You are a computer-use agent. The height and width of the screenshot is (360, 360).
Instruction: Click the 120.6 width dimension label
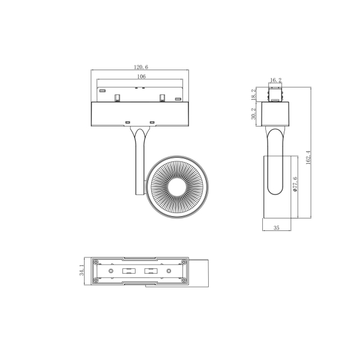pyautogui.click(x=142, y=68)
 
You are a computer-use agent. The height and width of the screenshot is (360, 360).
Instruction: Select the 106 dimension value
pyautogui.click(x=142, y=77)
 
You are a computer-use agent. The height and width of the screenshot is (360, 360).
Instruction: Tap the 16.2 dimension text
pyautogui.click(x=275, y=80)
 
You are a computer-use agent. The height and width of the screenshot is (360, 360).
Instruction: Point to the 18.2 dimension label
pyautogui.click(x=254, y=94)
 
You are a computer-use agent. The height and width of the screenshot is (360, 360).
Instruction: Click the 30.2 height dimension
pyautogui.click(x=254, y=113)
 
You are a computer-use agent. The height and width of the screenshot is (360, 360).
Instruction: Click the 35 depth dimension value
pyautogui.click(x=277, y=228)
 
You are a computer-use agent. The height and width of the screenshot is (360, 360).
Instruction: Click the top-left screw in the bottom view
pyautogui.click(x=94, y=261)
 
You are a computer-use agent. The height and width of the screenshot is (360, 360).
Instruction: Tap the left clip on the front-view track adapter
pyautogui.click(x=119, y=97)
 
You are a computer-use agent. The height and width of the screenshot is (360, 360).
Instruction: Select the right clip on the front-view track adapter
pyautogui.click(x=162, y=97)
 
